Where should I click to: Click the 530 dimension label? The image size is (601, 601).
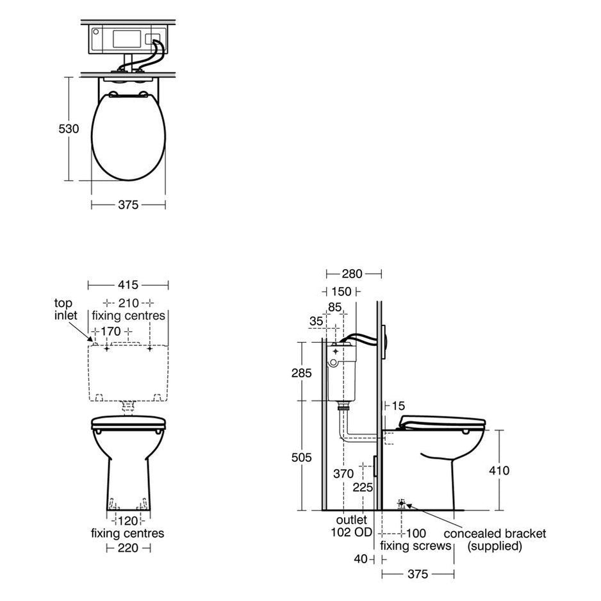69,129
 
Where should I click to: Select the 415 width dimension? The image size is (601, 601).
128,284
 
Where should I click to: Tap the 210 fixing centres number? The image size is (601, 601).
128,303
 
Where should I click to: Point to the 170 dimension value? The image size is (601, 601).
111,331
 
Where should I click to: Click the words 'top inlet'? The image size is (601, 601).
65,309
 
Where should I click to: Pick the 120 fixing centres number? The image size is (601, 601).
128,521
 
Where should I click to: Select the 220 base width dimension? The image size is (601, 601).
128,548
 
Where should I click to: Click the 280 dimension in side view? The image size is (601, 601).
352,274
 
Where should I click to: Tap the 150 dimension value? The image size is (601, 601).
341,292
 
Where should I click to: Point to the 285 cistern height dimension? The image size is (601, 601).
302,373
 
